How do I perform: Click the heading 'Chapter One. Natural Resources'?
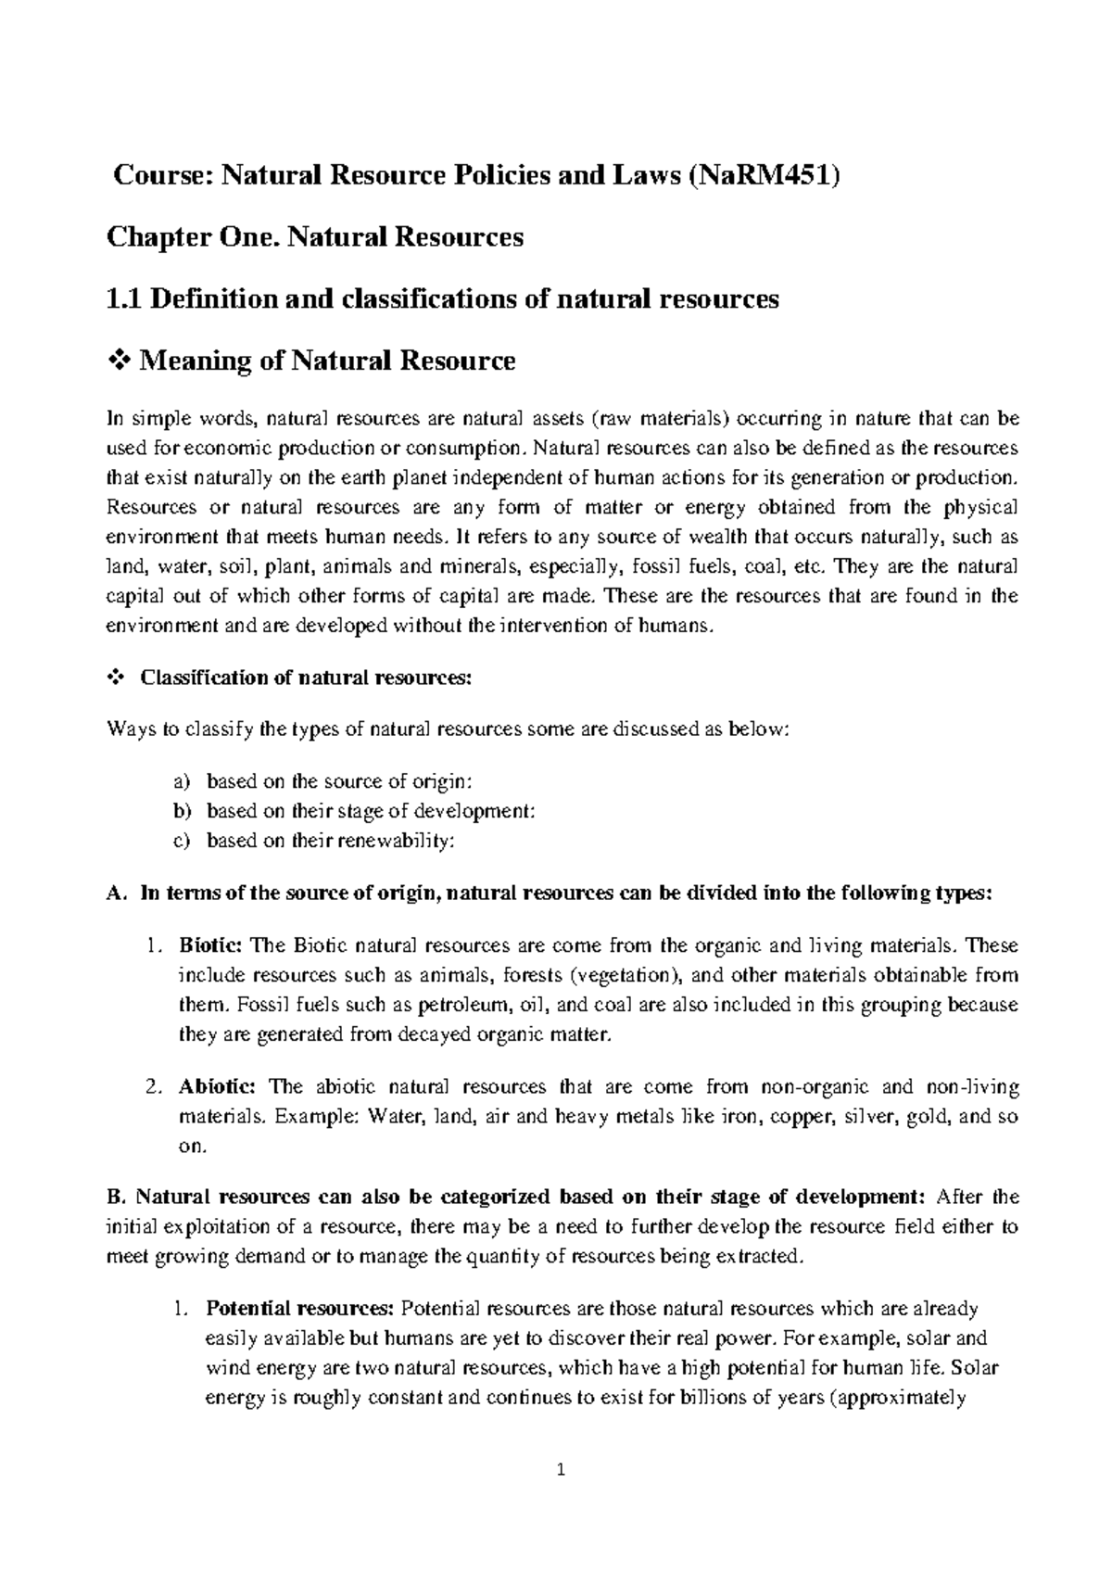click(315, 237)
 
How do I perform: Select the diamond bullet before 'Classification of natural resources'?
click(117, 678)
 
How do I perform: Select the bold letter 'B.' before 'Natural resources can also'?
click(115, 1197)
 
